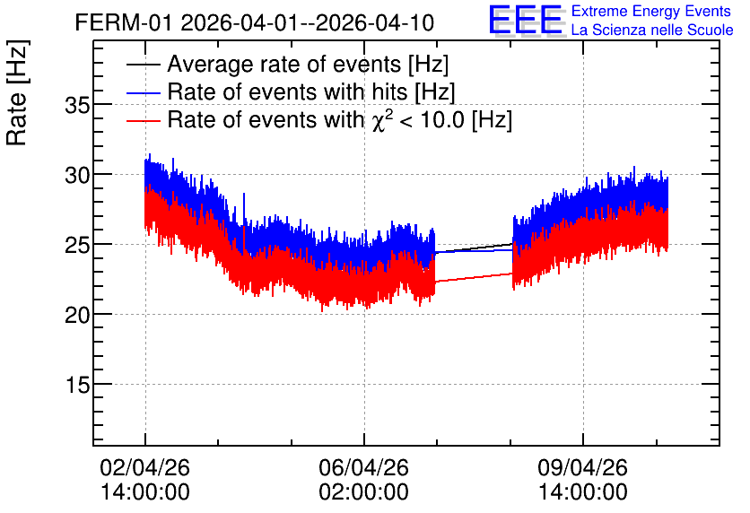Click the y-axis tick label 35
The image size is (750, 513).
pos(77,106)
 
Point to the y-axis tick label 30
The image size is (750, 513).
pos(77,176)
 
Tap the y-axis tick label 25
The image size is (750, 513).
pos(77,245)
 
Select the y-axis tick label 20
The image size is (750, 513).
pos(77,315)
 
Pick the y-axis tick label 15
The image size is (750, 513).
pos(77,385)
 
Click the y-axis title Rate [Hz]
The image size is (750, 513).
pos(17,92)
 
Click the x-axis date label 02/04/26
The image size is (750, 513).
pos(145,467)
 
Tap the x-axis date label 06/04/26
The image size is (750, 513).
pos(364,467)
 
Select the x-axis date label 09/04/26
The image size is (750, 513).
pos(582,467)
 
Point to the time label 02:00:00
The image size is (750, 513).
pos(364,492)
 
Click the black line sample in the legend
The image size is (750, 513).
pos(143,65)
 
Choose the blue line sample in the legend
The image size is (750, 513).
pos(143,92)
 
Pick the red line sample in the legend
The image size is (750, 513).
pos(143,120)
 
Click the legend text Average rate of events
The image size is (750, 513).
pos(284,64)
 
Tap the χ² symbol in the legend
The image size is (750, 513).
pos(381,120)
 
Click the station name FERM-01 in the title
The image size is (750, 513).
pos(123,23)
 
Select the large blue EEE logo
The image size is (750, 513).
pos(526,20)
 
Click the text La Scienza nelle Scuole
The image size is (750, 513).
pos(652,30)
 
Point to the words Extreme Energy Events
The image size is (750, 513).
pos(651,11)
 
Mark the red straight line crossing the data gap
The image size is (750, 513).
pos(474,278)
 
